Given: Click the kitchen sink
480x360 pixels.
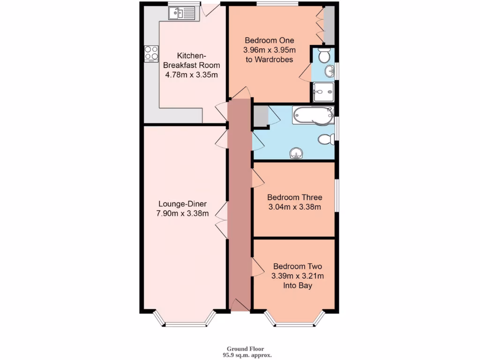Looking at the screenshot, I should pos(181,14).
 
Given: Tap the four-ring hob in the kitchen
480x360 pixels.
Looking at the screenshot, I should pos(151,53).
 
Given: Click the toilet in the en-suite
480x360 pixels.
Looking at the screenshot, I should pos(323,56).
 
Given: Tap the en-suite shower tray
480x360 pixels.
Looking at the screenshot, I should pos(323,91).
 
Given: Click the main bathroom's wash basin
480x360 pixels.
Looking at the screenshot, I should pos(296,153).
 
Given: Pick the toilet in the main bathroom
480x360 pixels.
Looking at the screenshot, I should pos(326,139).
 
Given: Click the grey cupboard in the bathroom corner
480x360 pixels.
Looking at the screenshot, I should pos(260,116).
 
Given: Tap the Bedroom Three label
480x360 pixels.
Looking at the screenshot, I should pos(294,197).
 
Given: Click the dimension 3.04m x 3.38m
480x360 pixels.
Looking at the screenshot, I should pos(294,207).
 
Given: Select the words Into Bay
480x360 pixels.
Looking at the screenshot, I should pos(297,285).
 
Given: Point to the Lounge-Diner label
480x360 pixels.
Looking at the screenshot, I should pos(182,204).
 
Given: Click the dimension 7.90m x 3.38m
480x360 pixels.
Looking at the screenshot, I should pos(182,214).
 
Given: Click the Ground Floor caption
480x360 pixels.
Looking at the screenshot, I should pos(245,349).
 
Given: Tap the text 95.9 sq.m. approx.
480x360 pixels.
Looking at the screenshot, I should pos(246,355).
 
